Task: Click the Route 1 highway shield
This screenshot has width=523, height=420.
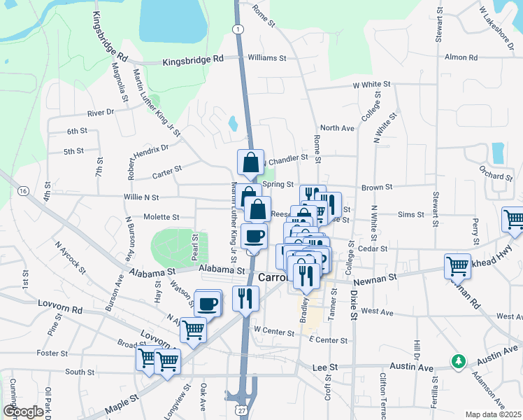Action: coord(238,29)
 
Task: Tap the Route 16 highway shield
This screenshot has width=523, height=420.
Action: coord(23,190)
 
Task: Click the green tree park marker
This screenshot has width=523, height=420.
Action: coord(459,361)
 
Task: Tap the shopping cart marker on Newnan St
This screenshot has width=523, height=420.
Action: coord(458,266)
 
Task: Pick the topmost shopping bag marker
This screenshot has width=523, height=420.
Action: coord(250,163)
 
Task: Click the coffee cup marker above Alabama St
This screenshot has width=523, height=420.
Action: coord(254,236)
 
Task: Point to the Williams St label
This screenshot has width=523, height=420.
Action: coord(267,58)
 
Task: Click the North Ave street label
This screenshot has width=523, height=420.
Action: coord(337,128)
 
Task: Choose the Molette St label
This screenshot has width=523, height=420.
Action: coord(162,217)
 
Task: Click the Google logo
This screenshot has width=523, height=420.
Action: coord(23,412)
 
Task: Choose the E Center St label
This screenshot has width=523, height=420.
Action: coord(328,340)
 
